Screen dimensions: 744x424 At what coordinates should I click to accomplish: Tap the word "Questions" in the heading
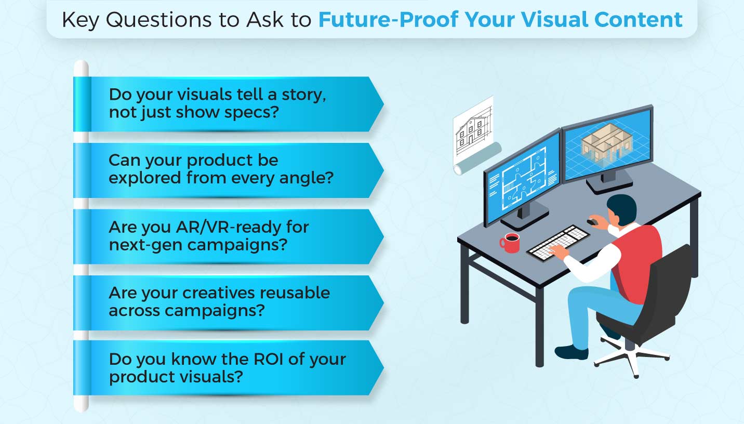click(x=159, y=20)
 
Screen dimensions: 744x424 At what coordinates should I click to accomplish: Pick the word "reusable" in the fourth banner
click(x=295, y=293)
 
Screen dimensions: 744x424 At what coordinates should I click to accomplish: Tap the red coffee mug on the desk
click(x=510, y=243)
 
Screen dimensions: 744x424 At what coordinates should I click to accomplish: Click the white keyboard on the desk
click(x=558, y=243)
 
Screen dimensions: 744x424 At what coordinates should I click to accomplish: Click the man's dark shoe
click(x=572, y=352)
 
